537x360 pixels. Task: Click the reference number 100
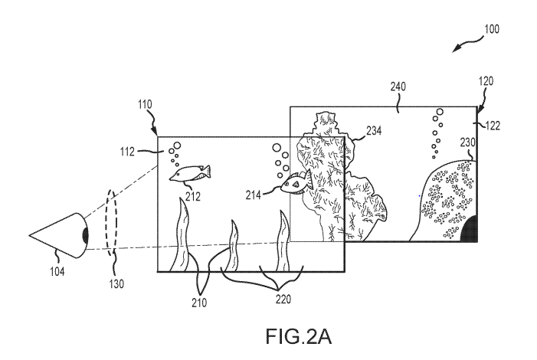[492, 29]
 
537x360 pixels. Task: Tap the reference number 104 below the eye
[57, 272]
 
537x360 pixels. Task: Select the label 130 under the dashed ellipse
[116, 284]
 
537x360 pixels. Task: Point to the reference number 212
[193, 197]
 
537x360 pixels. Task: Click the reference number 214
[253, 195]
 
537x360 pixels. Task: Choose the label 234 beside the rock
[374, 130]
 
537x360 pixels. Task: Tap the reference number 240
[398, 87]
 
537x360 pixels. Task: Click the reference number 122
[493, 126]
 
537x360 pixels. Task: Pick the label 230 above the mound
[467, 142]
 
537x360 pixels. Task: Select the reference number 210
[199, 303]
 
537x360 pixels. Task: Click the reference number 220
[283, 299]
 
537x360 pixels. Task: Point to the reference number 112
[127, 152]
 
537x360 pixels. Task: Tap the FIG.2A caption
[299, 336]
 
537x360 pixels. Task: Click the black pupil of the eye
[85, 235]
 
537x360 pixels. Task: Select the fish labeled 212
[190, 172]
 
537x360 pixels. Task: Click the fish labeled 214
[296, 183]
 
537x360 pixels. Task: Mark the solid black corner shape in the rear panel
[469, 230]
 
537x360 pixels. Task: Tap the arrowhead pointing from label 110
[155, 132]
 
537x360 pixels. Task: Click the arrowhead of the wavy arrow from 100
[456, 49]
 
